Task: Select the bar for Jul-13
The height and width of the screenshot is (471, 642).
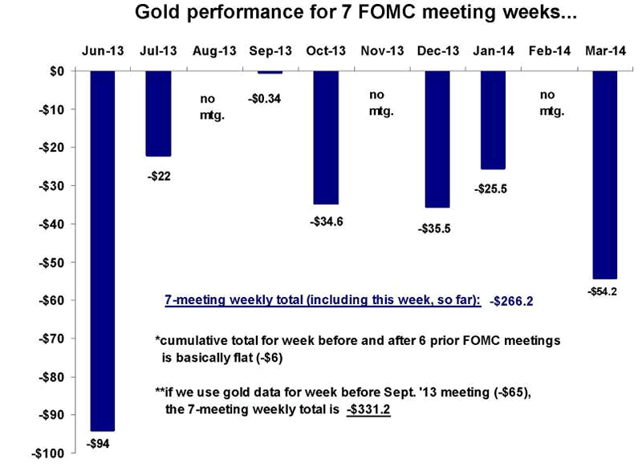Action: point(158,113)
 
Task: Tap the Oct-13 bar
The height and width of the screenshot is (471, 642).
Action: point(326,137)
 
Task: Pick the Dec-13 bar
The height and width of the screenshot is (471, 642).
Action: point(437,139)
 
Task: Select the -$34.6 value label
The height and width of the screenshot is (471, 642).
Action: point(326,221)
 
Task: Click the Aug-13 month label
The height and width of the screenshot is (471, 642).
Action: point(214,51)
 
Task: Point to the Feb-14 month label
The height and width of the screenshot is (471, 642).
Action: point(550,51)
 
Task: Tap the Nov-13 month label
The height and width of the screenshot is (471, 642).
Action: point(382,51)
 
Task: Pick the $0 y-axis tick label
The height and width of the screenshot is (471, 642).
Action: point(56,71)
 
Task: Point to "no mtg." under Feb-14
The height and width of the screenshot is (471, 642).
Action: point(552,104)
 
